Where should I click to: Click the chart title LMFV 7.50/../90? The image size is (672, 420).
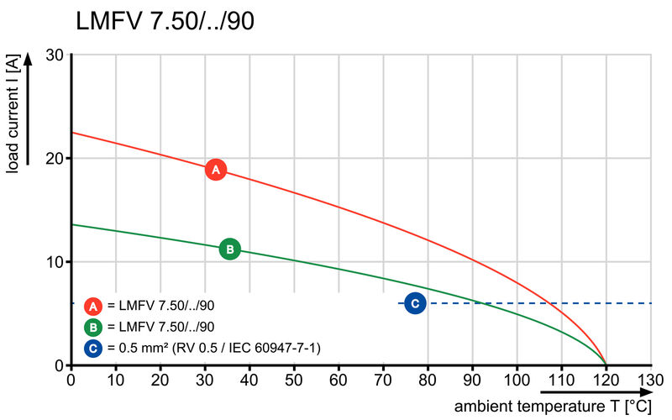tap(165, 21)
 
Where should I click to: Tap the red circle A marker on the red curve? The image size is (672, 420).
tap(216, 170)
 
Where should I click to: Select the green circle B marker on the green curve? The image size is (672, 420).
tap(229, 249)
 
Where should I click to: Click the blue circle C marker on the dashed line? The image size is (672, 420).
tap(414, 303)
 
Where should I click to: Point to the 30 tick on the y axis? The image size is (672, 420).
tap(55, 55)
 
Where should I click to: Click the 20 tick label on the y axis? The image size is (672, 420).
tap(55, 159)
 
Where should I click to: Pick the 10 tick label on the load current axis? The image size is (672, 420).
tap(55, 262)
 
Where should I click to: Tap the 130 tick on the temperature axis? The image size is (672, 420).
tap(650, 380)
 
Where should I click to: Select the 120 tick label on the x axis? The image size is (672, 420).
tap(606, 380)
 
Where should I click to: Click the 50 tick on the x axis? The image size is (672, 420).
tap(294, 380)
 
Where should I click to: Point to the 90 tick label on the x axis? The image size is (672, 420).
tap(472, 380)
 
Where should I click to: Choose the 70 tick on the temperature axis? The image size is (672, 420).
tap(383, 380)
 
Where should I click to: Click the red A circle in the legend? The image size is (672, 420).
tap(94, 306)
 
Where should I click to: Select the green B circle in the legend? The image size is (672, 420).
tap(94, 327)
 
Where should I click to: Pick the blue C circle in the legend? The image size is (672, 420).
tap(94, 347)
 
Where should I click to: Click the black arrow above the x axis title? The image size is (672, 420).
tap(596, 391)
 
